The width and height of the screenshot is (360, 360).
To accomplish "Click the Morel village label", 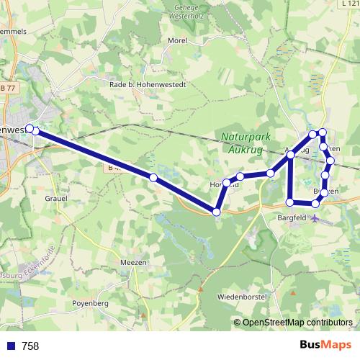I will pyautogui.click(x=177, y=42).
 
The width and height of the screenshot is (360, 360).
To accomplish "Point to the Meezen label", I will pyautogui.click(x=134, y=262).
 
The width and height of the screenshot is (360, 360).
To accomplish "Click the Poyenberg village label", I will pyautogui.click(x=90, y=304).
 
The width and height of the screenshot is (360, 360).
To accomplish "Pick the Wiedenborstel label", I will pyautogui.click(x=242, y=297).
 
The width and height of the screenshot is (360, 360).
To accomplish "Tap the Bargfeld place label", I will pyautogui.click(x=292, y=216).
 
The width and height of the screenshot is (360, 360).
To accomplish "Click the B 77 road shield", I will pyautogui.click(x=8, y=88).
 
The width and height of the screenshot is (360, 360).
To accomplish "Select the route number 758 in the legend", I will pyautogui.click(x=30, y=346).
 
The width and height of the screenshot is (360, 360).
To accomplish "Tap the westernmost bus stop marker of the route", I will pyautogui.click(x=30, y=128).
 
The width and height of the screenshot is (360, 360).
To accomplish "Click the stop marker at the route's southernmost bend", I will pyautogui.click(x=217, y=212).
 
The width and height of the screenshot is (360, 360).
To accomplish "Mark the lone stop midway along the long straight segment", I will pyautogui.click(x=153, y=177).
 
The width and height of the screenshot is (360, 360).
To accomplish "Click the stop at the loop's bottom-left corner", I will pyautogui.click(x=289, y=202).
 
